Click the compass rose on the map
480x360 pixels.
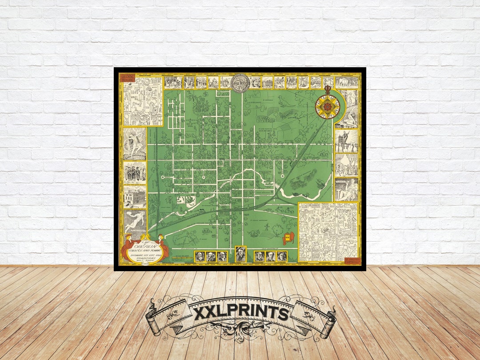(x=328, y=107)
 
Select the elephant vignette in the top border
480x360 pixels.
(x=347, y=82)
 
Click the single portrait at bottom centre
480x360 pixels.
(x=240, y=254)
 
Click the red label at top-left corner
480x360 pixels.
(x=127, y=77)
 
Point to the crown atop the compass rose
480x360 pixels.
(x=328, y=90)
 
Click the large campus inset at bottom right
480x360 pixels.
(x=328, y=232)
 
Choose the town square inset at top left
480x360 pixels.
(x=142, y=101)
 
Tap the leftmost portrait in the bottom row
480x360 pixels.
(x=200, y=256)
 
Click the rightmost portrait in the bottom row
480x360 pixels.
(x=282, y=256)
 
